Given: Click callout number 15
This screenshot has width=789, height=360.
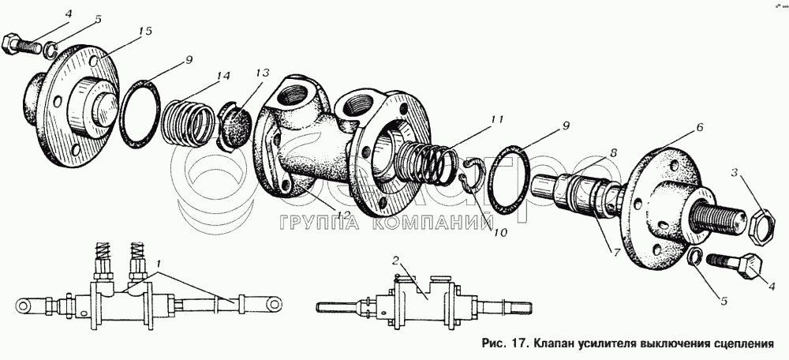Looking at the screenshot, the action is (145, 32).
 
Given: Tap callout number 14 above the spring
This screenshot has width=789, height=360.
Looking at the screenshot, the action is (222, 77).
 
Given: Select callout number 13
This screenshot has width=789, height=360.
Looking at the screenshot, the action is (262, 73).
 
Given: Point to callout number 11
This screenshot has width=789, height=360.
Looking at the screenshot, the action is (497, 119).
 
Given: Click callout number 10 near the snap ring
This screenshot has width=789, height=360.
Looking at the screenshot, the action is (500, 233).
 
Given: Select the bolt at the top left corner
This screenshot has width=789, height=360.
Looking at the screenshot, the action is (22, 44).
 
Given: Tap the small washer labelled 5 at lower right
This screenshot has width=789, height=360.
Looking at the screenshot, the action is (695, 257).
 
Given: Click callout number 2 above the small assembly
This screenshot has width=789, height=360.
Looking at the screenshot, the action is (395, 261).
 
